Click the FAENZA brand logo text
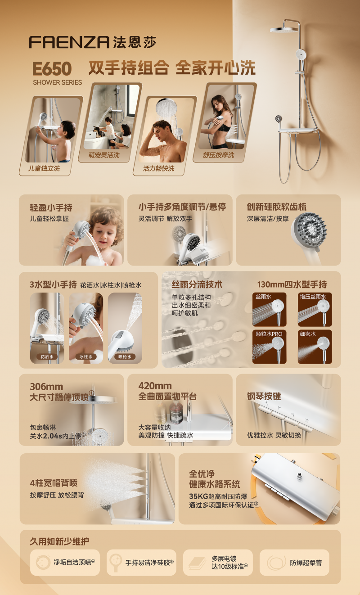[69, 42]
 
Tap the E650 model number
[52, 69]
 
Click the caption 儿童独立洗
[44, 168]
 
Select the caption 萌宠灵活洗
[104, 155]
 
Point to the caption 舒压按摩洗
[219, 155]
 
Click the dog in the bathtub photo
[98, 131]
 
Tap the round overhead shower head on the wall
[284, 30]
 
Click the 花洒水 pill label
[47, 356]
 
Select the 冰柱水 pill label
[86, 356]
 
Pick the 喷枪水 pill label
[125, 356]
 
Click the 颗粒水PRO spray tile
[269, 347]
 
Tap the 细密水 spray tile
[315, 347]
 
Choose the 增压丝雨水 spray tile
[315, 310]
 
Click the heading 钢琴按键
[264, 397]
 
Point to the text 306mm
[46, 387]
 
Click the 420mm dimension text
[155, 386]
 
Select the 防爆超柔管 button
[294, 563]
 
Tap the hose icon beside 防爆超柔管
[276, 562]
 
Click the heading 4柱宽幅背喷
[54, 482]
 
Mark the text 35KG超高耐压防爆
[218, 496]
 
